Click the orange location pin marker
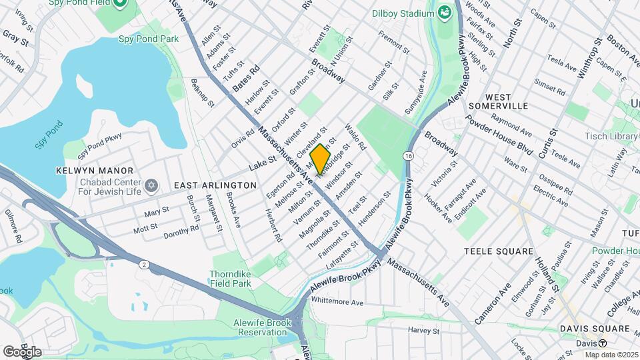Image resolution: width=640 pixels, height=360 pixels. coord(321,159)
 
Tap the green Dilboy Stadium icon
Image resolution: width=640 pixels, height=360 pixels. coord(444,13)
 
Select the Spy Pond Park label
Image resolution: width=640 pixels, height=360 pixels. coord(149,39)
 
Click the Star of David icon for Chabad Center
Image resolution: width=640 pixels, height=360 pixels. coord(151,184)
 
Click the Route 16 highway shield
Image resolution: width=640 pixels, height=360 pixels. coord(407,155)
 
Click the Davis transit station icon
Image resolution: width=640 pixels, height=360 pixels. coord(602,343)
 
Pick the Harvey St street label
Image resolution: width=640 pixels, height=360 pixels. coord(424,330)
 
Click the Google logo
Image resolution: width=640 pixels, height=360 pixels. coord(22,351)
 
